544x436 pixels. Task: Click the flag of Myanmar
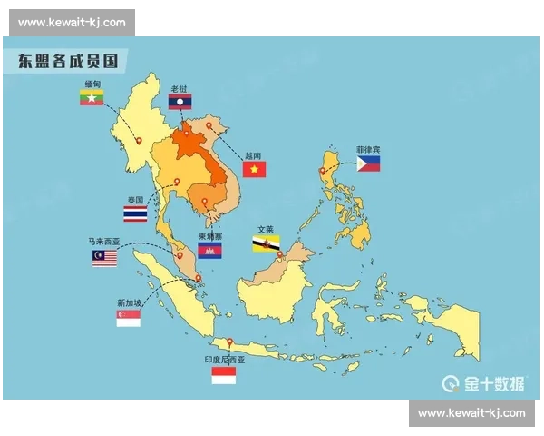point(92,94)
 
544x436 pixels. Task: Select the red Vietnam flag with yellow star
point(253,169)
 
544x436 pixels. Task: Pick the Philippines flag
point(368,163)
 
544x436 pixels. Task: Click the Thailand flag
point(135,214)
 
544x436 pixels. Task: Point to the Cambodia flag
point(209,250)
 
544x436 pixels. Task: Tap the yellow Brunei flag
point(266,243)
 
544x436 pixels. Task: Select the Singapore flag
point(128,317)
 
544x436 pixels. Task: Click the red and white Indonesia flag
point(224,374)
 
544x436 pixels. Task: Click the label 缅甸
point(92,82)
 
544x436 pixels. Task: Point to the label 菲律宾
point(368,149)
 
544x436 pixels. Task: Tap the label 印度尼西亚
point(224,360)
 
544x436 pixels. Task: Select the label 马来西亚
point(104,242)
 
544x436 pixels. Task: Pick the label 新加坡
point(128,302)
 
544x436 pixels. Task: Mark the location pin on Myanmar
point(139,141)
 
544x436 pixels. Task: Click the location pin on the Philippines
point(322,171)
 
